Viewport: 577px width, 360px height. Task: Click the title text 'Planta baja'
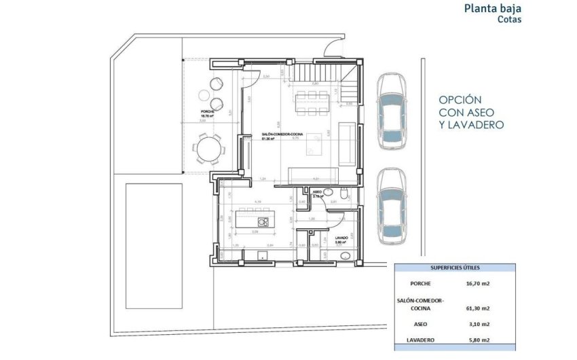pos(494,9)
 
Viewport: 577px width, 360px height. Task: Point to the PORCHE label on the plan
pos(208,111)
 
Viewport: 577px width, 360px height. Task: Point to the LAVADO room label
pos(341,238)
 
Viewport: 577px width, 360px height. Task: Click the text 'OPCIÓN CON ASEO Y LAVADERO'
pos(471,111)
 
